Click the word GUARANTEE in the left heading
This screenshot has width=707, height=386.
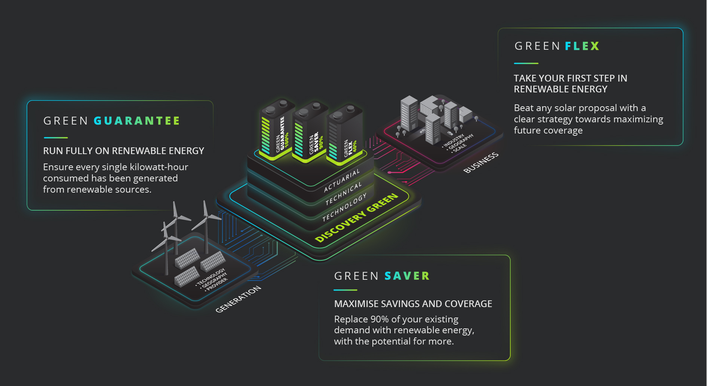click(136, 121)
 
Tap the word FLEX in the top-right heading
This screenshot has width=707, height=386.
click(582, 46)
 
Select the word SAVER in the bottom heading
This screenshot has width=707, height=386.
click(407, 276)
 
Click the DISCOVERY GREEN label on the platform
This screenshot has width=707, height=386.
click(356, 218)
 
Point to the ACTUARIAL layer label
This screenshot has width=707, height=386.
click(342, 180)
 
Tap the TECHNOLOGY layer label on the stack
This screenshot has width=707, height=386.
click(344, 208)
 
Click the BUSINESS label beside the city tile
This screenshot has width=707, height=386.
click(481, 162)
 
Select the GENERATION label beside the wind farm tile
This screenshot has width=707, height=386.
click(238, 299)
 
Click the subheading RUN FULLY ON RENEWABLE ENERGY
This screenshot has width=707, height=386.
click(123, 151)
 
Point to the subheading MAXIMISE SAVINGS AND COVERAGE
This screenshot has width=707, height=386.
click(413, 304)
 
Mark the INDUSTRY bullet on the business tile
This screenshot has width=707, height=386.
click(454, 141)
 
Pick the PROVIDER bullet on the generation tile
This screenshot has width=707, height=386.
click(217, 284)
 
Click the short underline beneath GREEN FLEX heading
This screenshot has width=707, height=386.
click(526, 63)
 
